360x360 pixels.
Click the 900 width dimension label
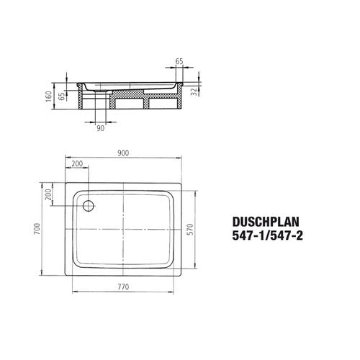pyautogui.click(x=123, y=153)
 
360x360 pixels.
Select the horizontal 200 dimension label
pyautogui.click(x=77, y=163)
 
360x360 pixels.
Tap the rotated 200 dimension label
pyautogui.click(x=48, y=194)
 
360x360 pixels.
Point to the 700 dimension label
pyautogui.click(x=37, y=229)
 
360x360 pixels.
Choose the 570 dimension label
pyautogui.click(x=190, y=229)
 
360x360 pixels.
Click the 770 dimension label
pyautogui.click(x=123, y=287)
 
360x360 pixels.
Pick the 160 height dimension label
pyautogui.click(x=49, y=96)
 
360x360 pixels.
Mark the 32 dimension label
pyautogui.click(x=194, y=91)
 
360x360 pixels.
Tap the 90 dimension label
pyautogui.click(x=101, y=128)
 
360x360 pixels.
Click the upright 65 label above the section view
pyautogui.click(x=179, y=61)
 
